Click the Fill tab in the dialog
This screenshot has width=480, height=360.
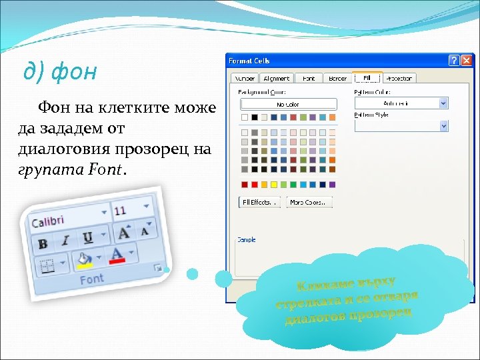(366, 78)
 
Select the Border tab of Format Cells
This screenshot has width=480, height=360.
(337, 79)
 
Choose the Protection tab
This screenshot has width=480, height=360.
(399, 79)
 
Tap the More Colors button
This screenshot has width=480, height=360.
(309, 202)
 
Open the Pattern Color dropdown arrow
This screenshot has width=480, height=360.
(443, 103)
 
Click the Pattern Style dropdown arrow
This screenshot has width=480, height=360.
(443, 125)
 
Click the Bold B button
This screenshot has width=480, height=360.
(43, 243)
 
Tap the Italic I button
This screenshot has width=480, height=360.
(65, 241)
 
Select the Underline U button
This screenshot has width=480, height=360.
(87, 237)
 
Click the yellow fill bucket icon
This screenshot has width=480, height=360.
(85, 260)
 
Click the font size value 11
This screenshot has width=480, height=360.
(121, 211)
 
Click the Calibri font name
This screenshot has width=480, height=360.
(48, 221)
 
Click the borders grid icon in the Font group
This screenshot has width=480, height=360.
(47, 267)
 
